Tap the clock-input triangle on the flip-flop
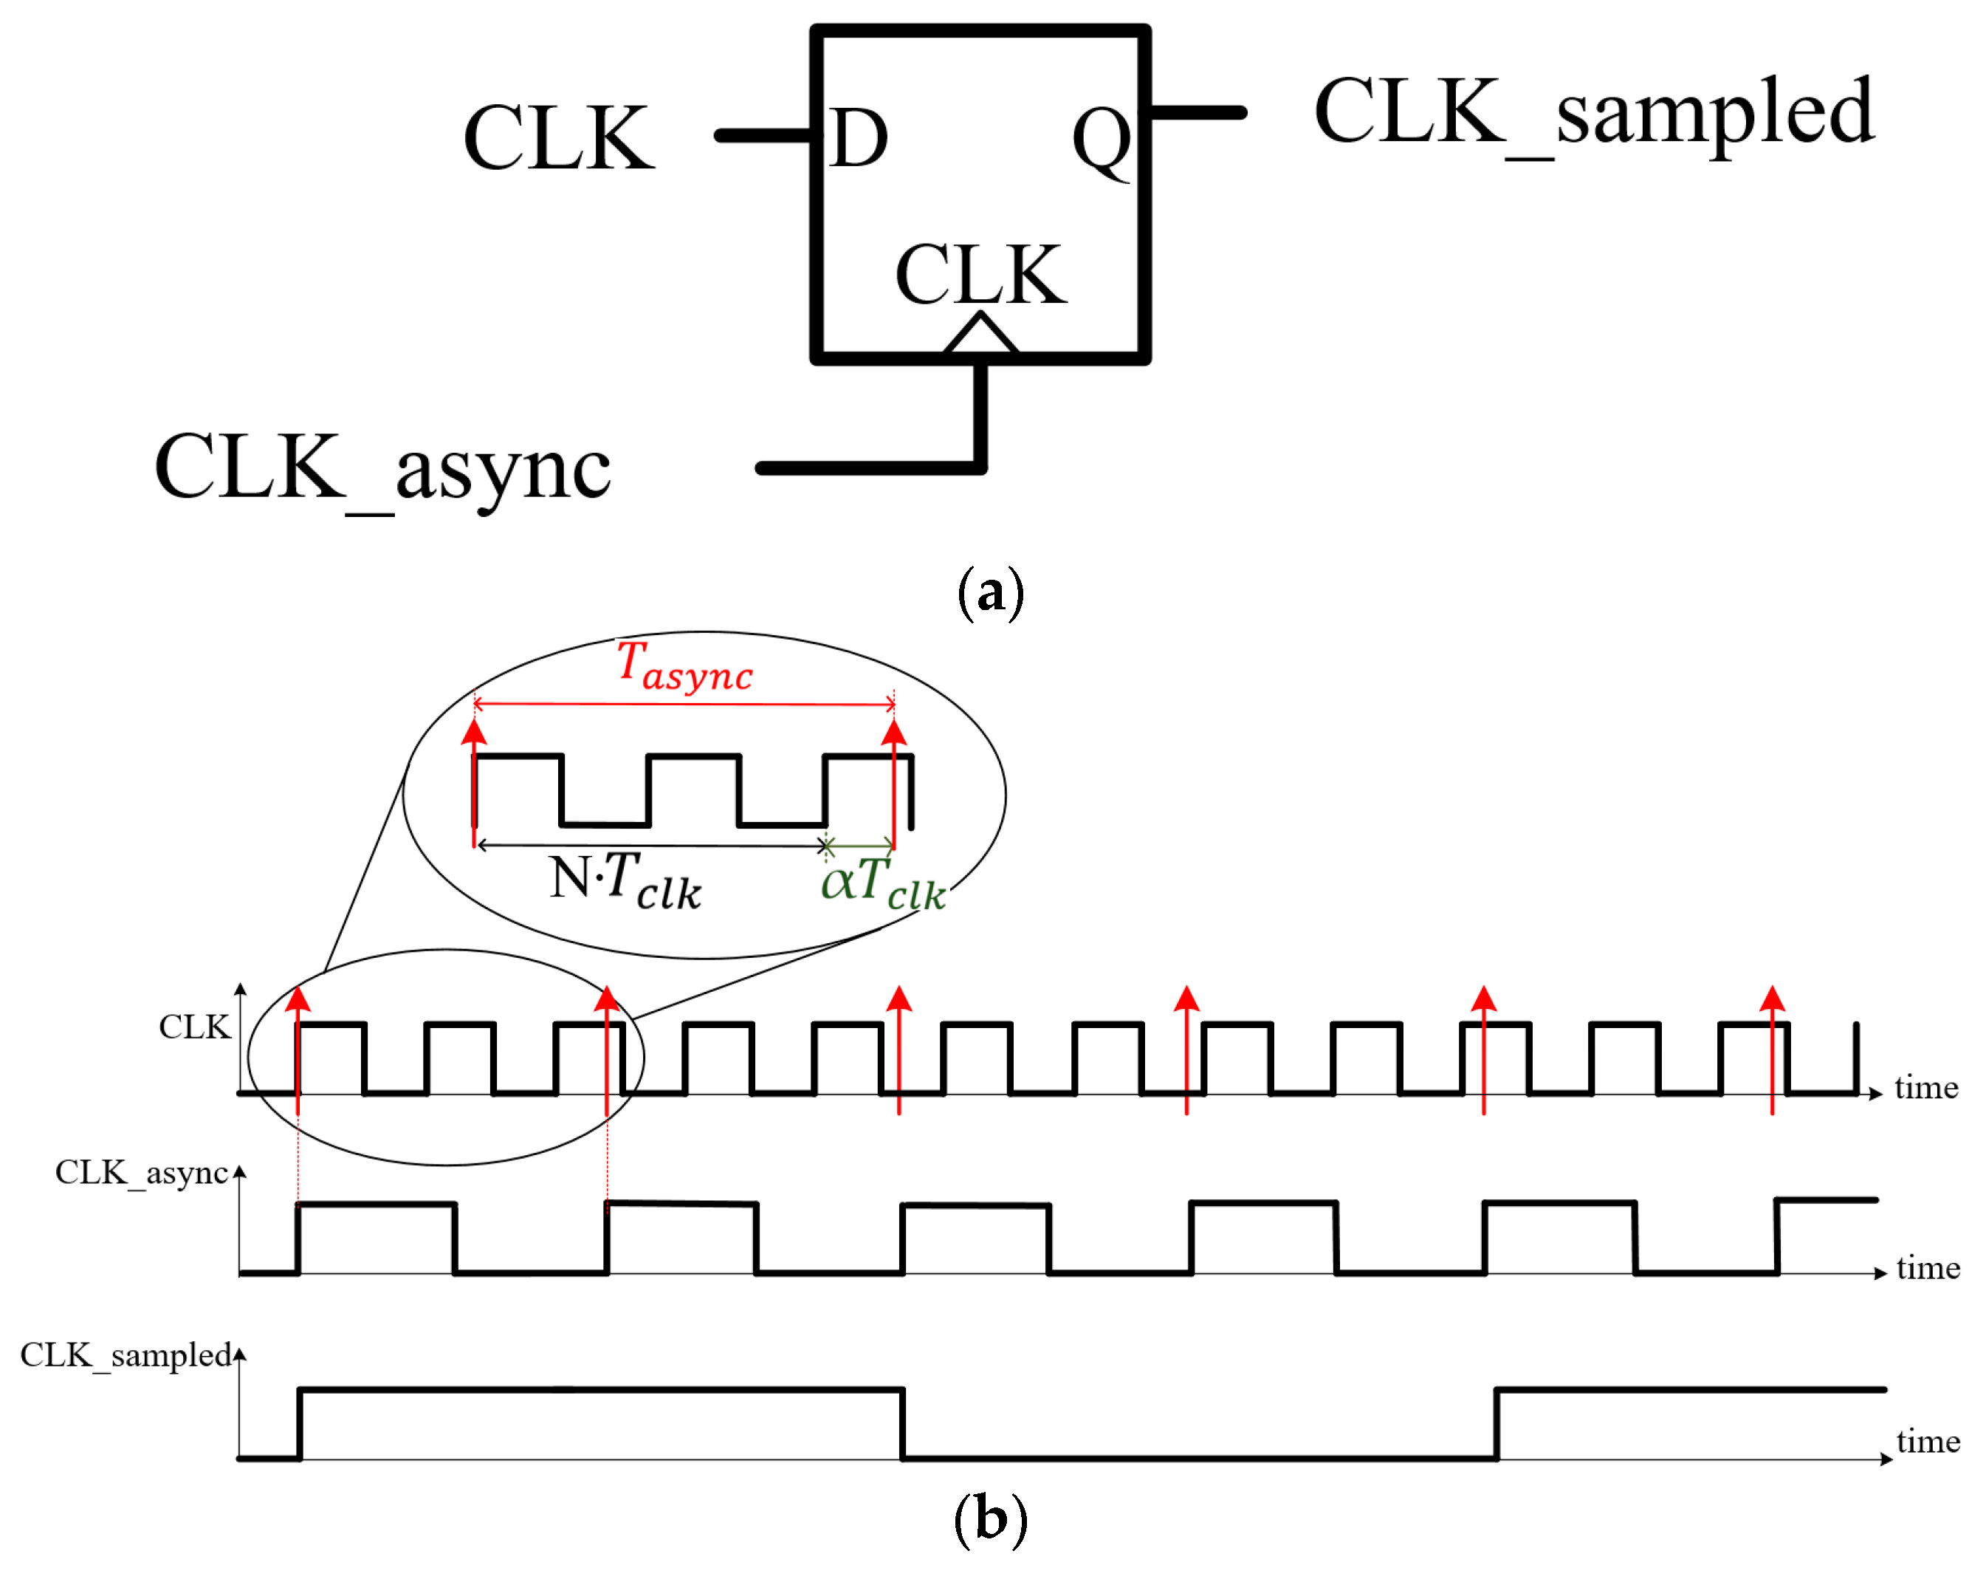point(980,335)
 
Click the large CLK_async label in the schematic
point(382,468)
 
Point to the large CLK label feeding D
point(559,138)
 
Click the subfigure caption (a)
point(990,592)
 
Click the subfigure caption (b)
point(990,1518)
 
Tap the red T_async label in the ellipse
point(684,666)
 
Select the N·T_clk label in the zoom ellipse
point(625,882)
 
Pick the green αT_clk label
point(882,882)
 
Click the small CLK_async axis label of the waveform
point(141,1172)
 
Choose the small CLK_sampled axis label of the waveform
point(126,1355)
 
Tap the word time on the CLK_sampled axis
point(1928,1440)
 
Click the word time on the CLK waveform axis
point(1926,1087)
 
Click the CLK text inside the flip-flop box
point(980,275)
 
